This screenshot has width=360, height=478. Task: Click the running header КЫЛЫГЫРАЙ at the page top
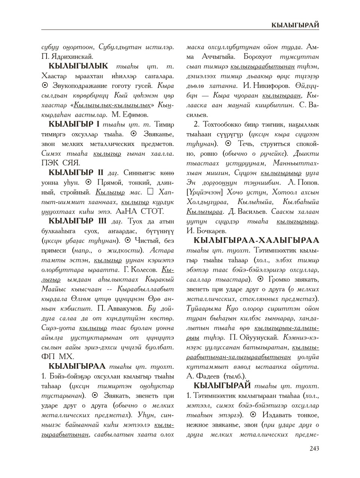(295, 25)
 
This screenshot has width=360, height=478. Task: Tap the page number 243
(314, 448)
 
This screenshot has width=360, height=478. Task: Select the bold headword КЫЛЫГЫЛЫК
(78, 66)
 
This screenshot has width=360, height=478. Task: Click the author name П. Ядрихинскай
(67, 57)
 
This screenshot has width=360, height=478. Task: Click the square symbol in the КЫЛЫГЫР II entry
(151, 192)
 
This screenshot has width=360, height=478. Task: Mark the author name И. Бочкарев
(206, 230)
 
